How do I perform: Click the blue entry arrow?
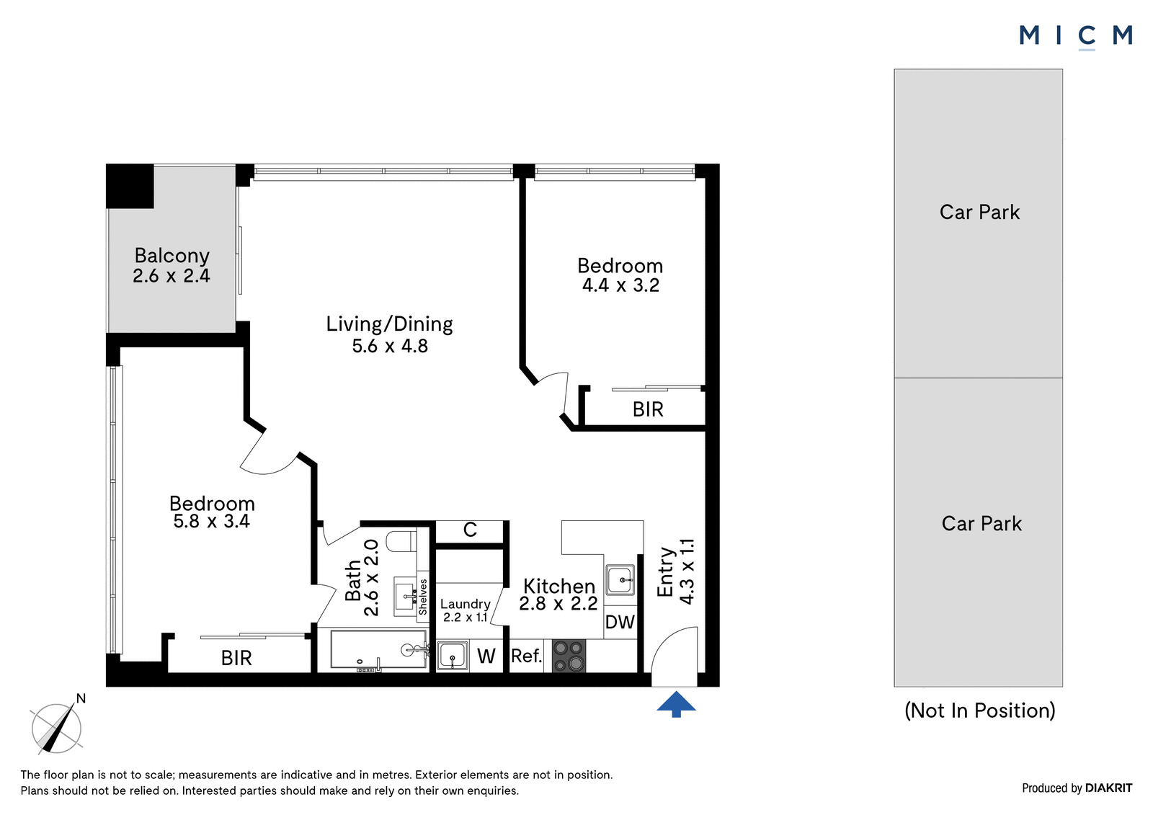[677, 705]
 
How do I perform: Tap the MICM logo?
[1076, 37]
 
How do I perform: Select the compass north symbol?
[58, 725]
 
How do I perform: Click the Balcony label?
[172, 255]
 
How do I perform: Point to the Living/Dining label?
[390, 324]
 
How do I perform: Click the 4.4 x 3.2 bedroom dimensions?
[620, 285]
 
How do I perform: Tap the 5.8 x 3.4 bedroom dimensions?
[212, 522]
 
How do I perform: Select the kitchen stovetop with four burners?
[569, 656]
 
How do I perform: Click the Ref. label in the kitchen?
[526, 656]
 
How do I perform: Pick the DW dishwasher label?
[620, 622]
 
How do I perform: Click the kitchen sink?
[620, 579]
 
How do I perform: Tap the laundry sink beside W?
[453, 656]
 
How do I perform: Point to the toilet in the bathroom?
[401, 541]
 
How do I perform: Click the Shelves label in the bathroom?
[422, 597]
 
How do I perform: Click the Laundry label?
[465, 604]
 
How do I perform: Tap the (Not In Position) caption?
[979, 711]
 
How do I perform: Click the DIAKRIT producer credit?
[1108, 788]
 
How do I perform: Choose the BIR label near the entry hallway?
[648, 410]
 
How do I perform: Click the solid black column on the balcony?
[130, 187]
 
